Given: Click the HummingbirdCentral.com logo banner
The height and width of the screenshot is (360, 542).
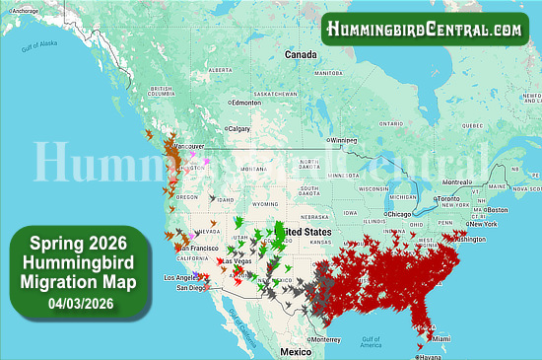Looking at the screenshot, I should (x=424, y=30).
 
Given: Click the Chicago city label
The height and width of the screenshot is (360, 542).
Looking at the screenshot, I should (x=399, y=213).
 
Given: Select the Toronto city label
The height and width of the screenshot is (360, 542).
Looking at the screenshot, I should (x=449, y=198).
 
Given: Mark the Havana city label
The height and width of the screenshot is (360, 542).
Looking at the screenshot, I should (x=431, y=357).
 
